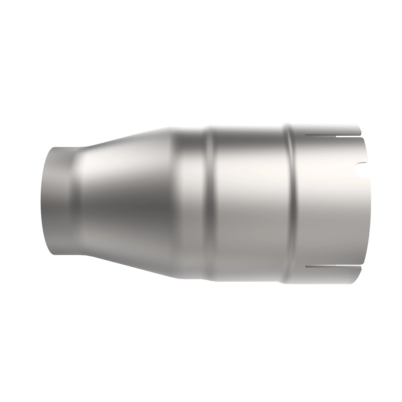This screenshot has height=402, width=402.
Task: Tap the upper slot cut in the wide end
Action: (x=333, y=136)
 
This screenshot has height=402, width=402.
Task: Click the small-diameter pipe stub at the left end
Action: (x=57, y=201)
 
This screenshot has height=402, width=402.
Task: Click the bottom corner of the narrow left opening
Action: (x=54, y=254)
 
